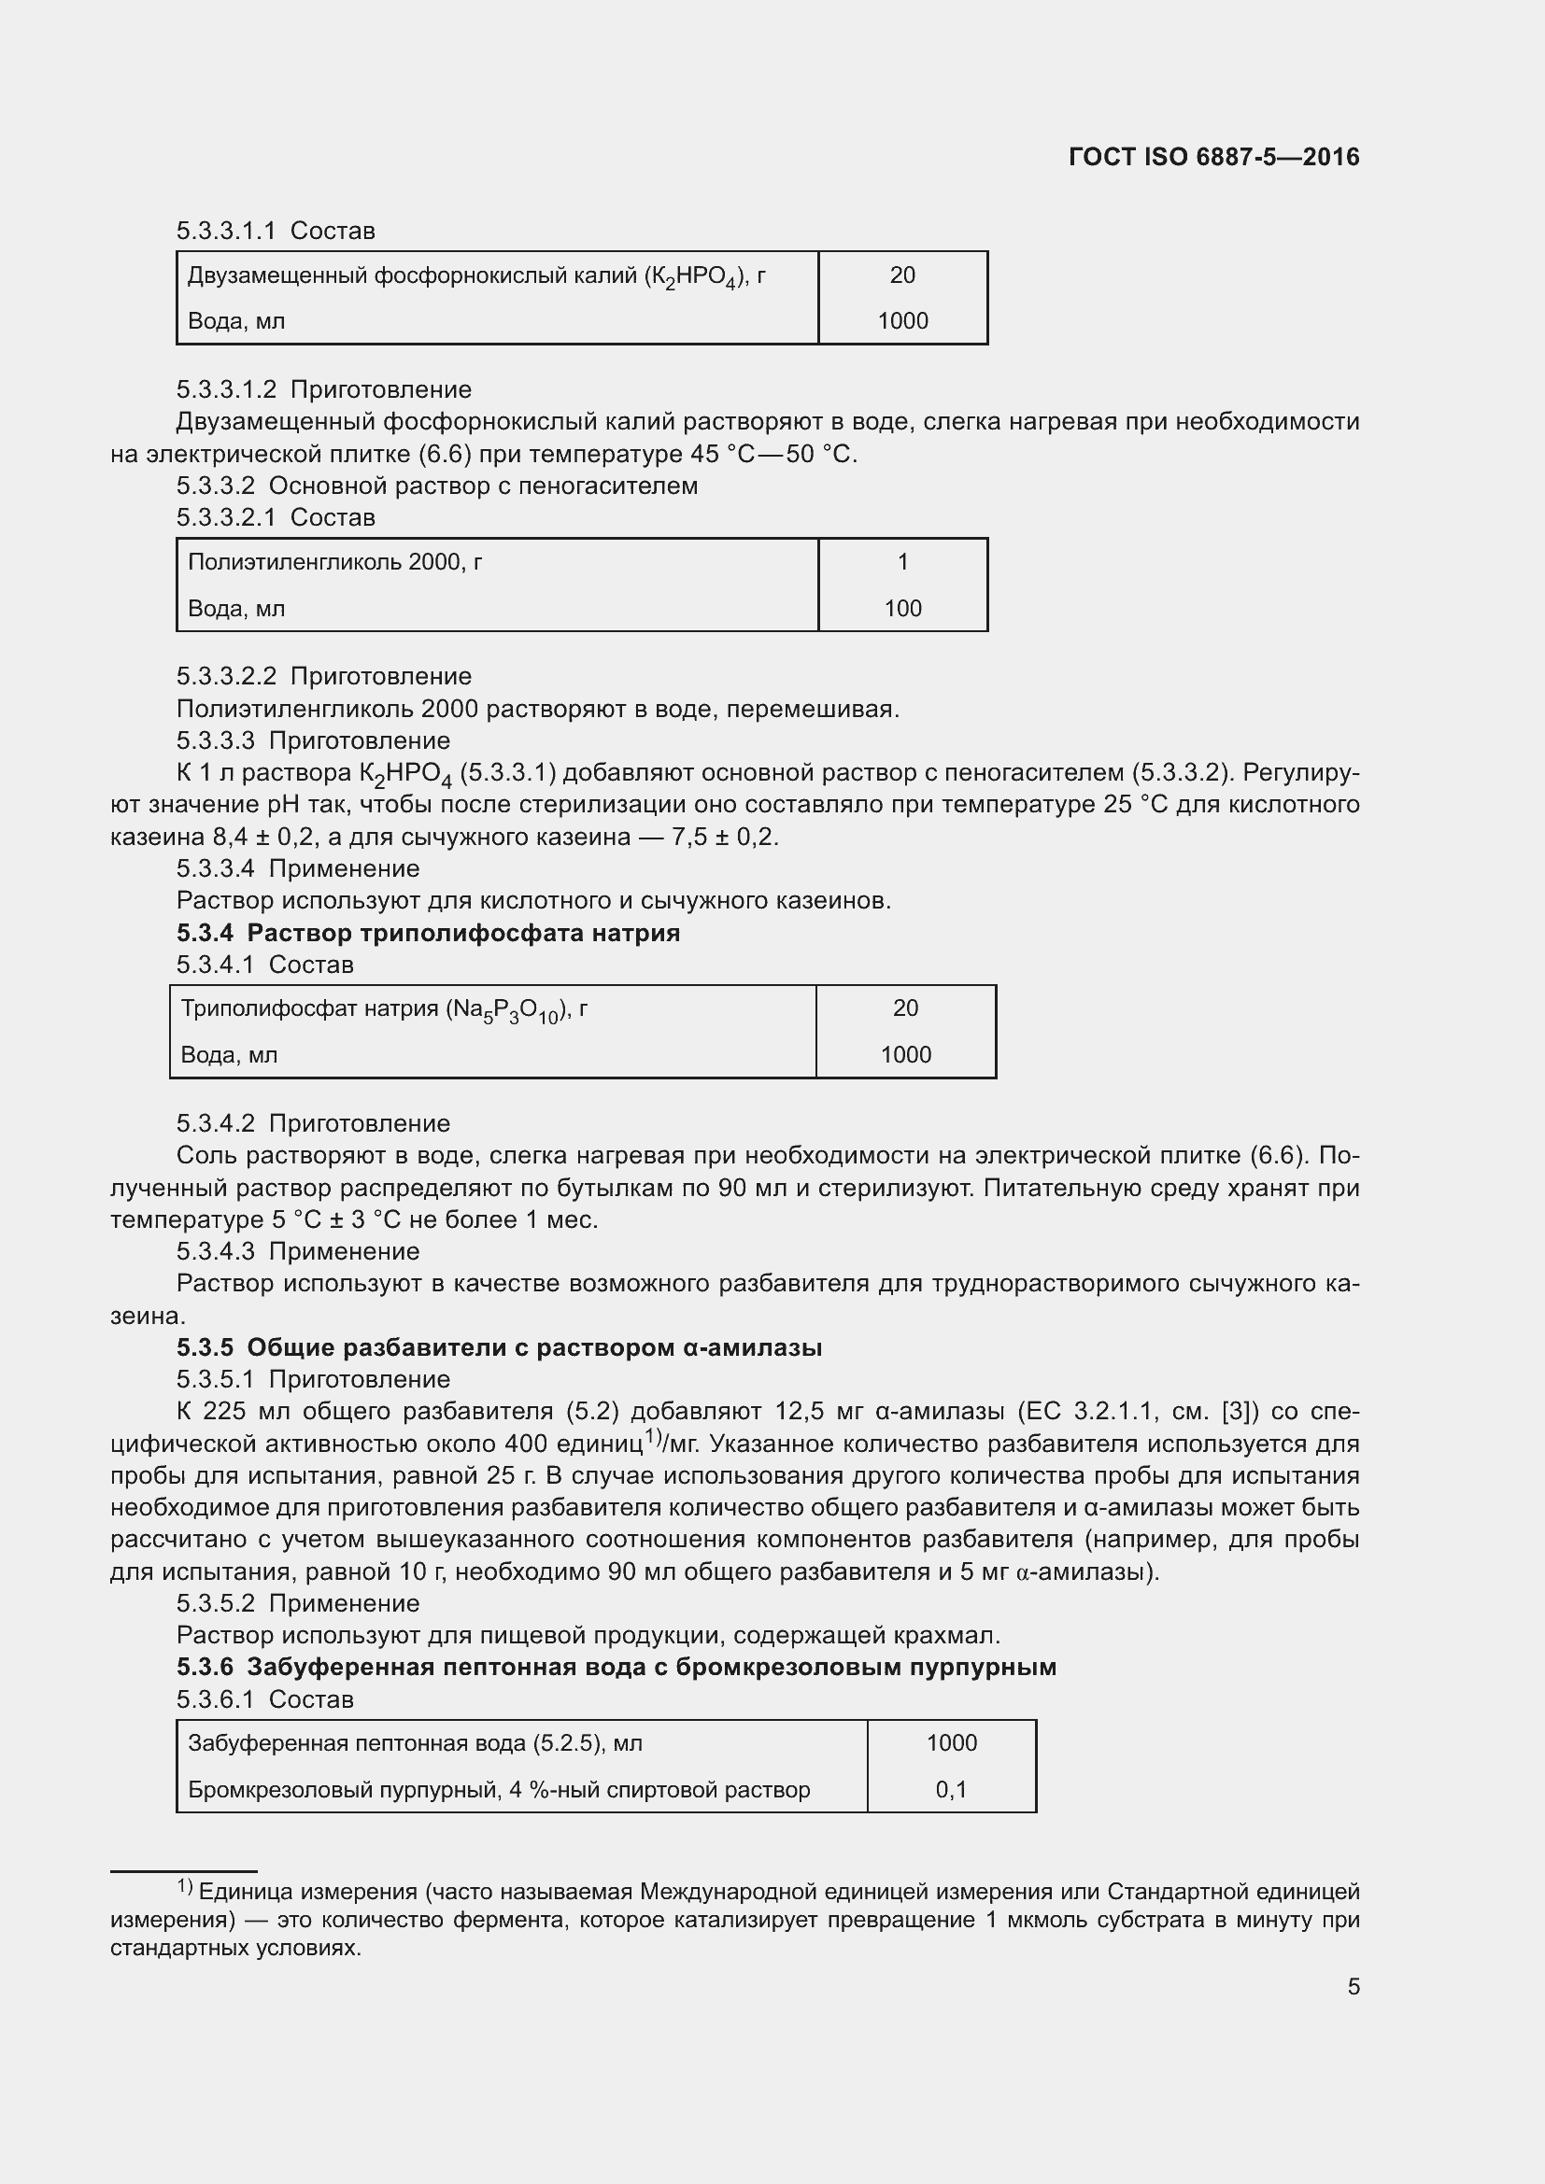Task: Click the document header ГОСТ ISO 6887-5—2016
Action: [1214, 157]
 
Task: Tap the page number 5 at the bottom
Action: [1354, 1986]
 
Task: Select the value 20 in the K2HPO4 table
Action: [902, 275]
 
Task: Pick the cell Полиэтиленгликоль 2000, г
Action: [335, 562]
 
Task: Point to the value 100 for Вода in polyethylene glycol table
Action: [903, 609]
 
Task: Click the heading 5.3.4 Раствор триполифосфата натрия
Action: [428, 932]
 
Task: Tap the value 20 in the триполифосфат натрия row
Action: [905, 1008]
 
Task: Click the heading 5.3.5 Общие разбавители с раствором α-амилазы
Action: [500, 1347]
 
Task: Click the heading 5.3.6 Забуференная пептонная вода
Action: [617, 1667]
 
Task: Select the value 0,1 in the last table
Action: [950, 1789]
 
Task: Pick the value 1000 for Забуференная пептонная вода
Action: [951, 1742]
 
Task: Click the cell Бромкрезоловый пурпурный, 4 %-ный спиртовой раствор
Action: [499, 1790]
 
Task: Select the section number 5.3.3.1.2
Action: [226, 390]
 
